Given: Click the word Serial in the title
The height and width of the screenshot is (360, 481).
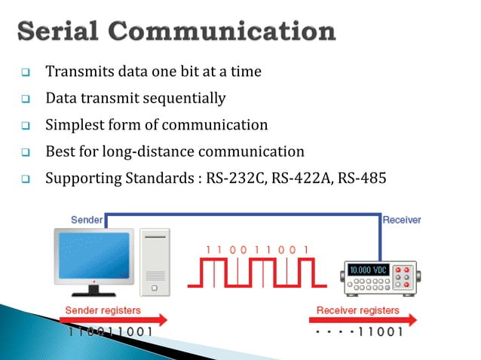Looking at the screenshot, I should [x=62, y=32].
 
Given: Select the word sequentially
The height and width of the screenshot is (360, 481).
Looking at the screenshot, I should [x=182, y=98].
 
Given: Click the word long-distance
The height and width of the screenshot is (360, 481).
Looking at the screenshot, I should [x=150, y=151].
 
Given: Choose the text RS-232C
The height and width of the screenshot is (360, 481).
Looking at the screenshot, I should [x=227, y=178].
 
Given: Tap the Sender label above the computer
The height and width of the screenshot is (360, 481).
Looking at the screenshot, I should [x=87, y=219].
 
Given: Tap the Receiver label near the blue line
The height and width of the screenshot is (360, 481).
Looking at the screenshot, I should [x=402, y=220].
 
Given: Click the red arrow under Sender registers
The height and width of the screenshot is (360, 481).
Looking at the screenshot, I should [x=112, y=320].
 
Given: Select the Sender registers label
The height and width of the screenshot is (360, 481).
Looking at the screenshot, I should [x=103, y=310].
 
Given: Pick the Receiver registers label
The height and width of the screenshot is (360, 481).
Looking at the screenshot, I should [x=357, y=310].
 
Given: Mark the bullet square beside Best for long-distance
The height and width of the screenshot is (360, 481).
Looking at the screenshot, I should [x=25, y=152].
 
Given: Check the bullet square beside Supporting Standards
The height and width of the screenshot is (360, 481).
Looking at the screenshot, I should [x=25, y=179].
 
